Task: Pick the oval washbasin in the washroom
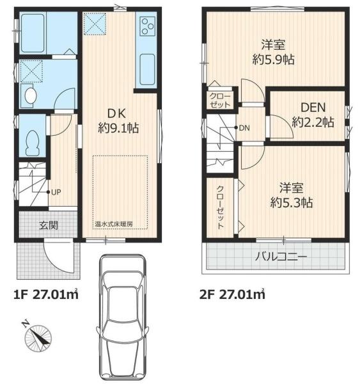point(29,96)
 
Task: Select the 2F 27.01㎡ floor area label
point(233,296)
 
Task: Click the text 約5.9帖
point(273,60)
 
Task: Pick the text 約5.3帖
point(291,202)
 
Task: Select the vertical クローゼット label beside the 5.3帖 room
point(220,207)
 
